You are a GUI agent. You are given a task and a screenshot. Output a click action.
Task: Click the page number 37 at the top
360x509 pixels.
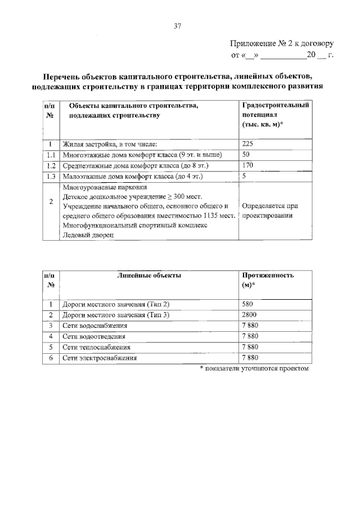click(x=178, y=26)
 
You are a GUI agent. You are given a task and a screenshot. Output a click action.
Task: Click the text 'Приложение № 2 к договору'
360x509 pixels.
click(x=282, y=43)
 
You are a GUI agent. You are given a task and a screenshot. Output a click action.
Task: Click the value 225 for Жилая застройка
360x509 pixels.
click(x=248, y=143)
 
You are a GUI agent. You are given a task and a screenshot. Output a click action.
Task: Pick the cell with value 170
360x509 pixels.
click(x=248, y=165)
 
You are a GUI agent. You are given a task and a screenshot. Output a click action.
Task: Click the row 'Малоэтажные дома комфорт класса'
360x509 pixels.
click(x=132, y=177)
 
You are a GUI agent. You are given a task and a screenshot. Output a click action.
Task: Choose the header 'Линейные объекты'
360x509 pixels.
click(x=149, y=276)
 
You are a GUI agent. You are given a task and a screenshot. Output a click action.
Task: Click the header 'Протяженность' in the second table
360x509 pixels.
click(x=268, y=276)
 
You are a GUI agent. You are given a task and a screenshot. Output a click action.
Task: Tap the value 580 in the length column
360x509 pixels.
click(x=248, y=304)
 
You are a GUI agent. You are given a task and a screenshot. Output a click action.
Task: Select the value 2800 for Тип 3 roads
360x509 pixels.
click(x=250, y=315)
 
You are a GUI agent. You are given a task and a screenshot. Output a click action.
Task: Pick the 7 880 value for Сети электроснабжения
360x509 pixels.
click(x=250, y=358)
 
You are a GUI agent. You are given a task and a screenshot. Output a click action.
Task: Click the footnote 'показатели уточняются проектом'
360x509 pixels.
click(x=255, y=368)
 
